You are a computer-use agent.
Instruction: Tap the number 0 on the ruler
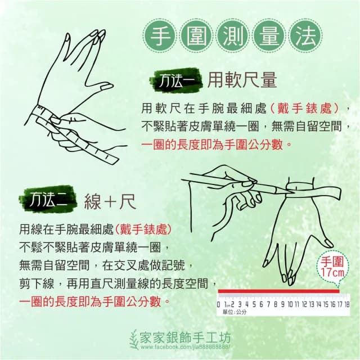point(218,304)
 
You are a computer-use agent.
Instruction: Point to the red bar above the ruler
point(278,291)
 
